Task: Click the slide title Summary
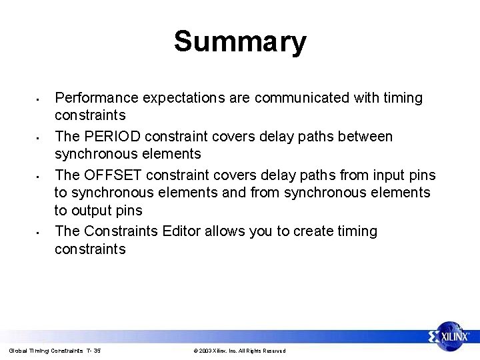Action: click(x=240, y=41)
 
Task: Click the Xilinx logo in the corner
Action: click(x=449, y=337)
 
